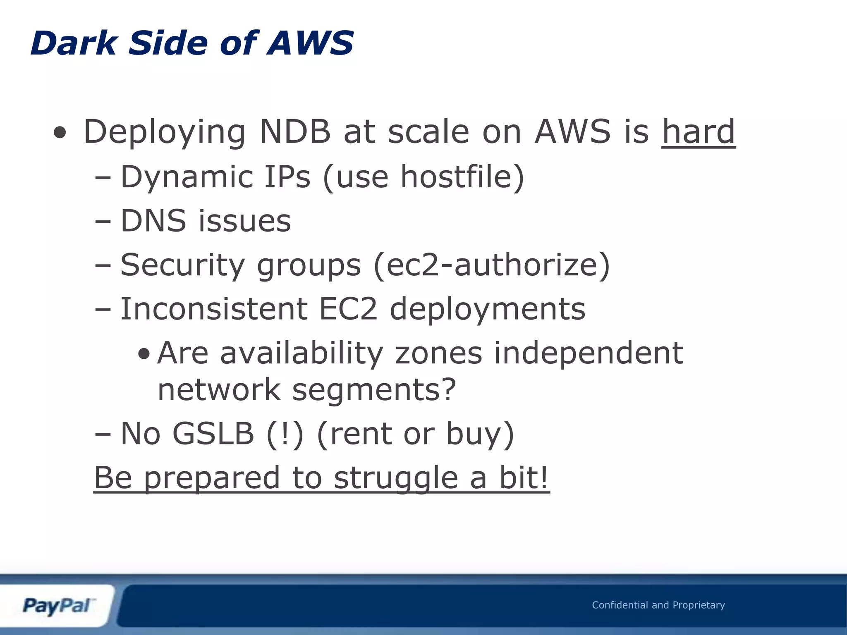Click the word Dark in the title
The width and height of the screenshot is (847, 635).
(74, 43)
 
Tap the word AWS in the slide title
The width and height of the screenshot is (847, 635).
(310, 43)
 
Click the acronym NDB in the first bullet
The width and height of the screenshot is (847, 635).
(294, 131)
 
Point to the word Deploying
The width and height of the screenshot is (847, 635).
(165, 132)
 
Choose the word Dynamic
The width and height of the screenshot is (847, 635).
(186, 177)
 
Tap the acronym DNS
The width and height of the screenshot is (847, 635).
(153, 221)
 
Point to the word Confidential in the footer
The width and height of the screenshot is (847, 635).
(620, 605)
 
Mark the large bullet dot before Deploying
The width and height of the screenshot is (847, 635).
(60, 133)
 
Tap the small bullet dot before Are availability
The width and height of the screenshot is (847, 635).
(144, 354)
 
